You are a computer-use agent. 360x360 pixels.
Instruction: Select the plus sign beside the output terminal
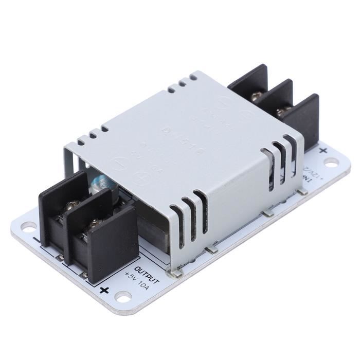click(104, 291)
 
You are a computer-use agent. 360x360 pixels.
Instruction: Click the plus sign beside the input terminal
click(323, 151)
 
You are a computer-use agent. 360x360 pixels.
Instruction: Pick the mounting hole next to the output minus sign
click(28, 227)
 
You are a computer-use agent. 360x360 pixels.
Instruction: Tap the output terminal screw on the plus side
click(94, 224)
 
